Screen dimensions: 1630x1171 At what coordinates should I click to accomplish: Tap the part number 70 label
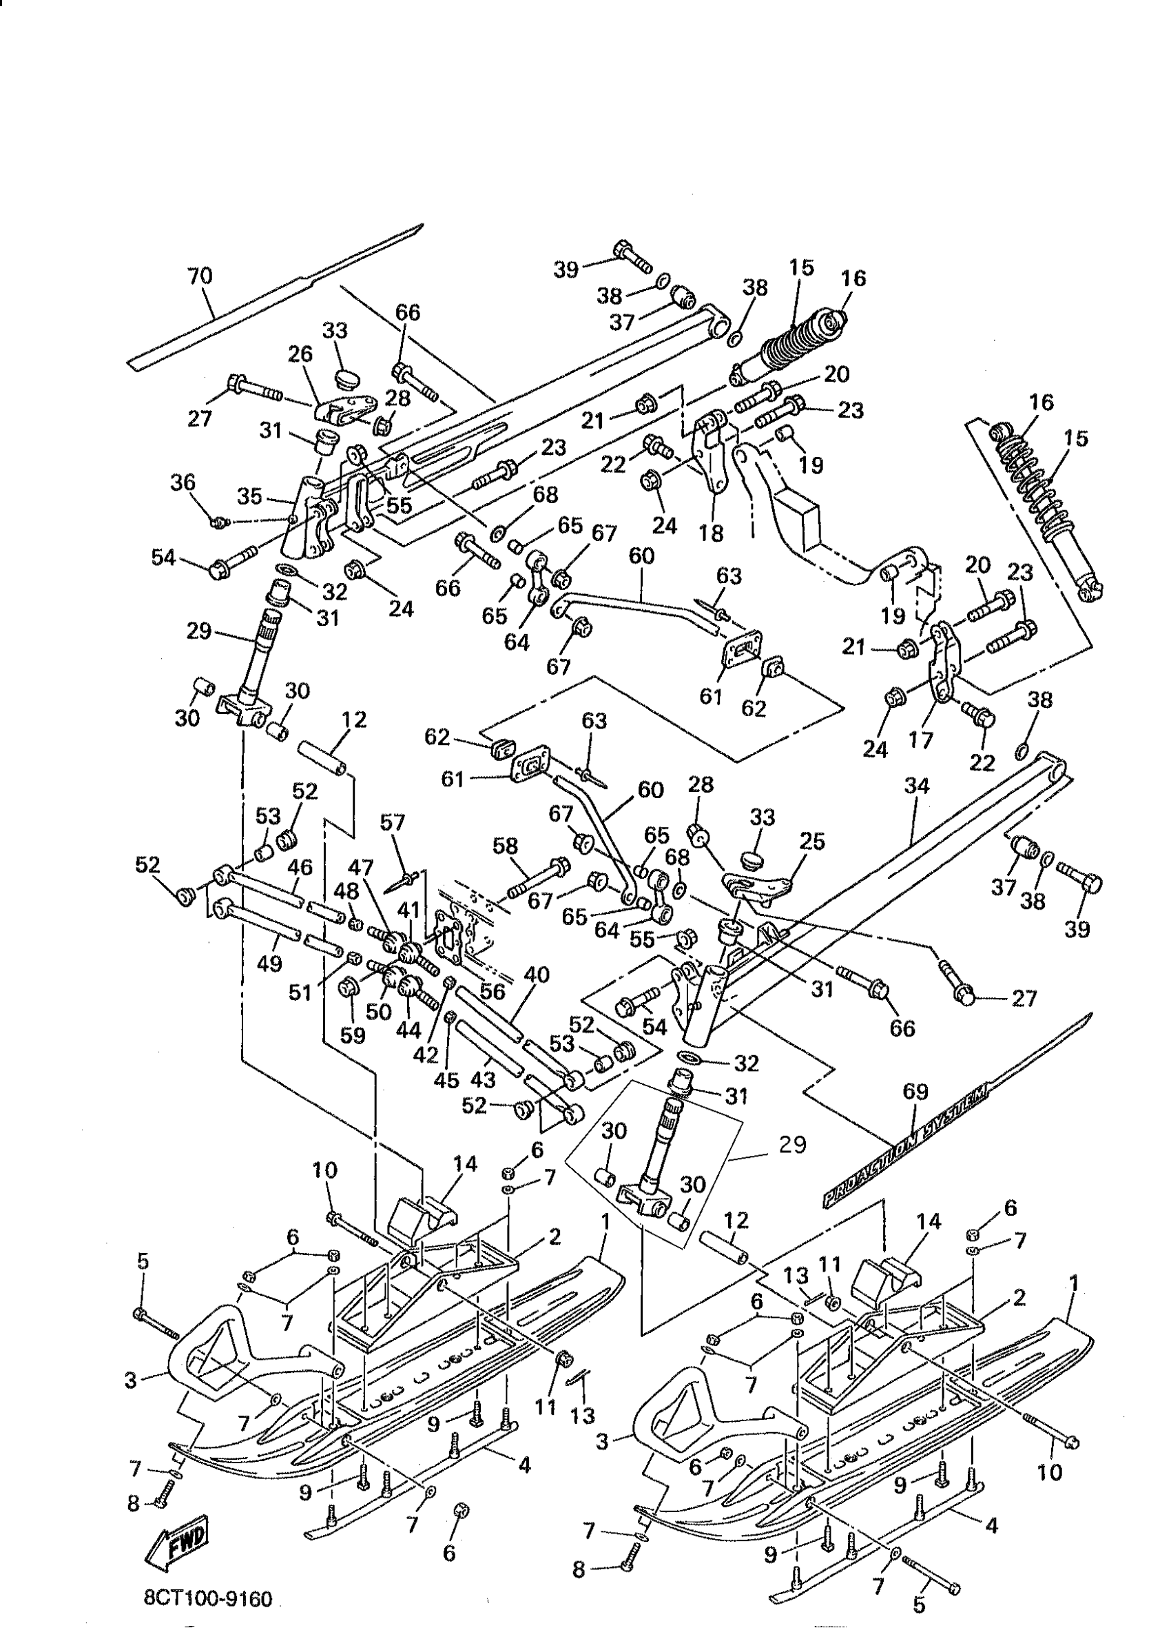click(x=200, y=276)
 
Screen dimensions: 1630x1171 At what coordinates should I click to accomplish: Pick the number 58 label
click(x=506, y=846)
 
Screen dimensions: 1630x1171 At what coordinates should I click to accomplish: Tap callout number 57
click(x=394, y=822)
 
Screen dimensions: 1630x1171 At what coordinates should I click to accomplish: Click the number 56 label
click(x=493, y=991)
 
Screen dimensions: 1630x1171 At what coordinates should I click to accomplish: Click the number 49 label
click(x=269, y=963)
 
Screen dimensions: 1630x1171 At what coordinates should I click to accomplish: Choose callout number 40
click(x=537, y=975)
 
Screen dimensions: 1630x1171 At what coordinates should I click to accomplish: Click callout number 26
click(x=301, y=354)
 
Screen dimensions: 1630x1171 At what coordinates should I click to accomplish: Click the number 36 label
click(x=183, y=482)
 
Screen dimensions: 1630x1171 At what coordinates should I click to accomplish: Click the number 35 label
click(x=250, y=497)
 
